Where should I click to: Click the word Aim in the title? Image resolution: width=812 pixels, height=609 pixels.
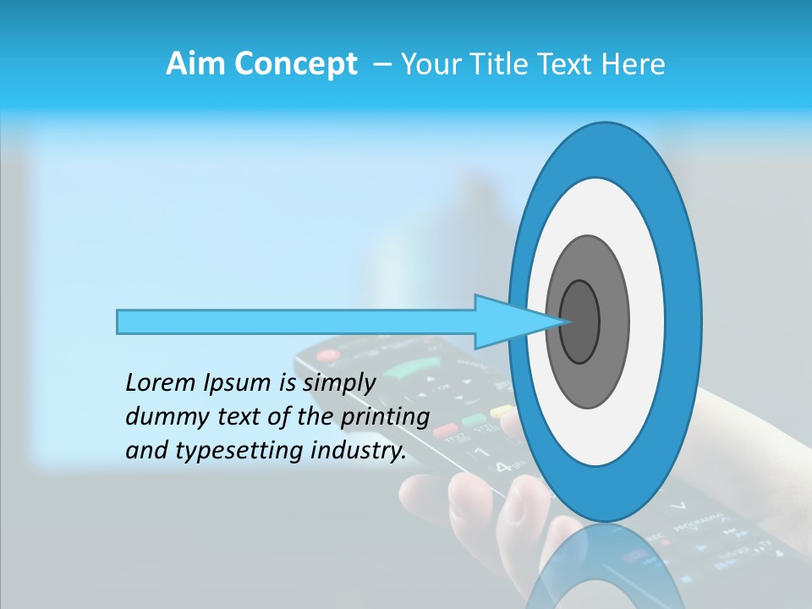click(191, 64)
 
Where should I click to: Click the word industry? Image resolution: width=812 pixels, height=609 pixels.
click(356, 451)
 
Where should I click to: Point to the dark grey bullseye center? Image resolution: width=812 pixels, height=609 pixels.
click(579, 321)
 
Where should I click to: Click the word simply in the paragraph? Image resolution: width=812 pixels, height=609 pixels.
click(339, 383)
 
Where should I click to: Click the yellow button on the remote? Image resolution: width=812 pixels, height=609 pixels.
click(502, 411)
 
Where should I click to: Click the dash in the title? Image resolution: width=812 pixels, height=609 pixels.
click(381, 64)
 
